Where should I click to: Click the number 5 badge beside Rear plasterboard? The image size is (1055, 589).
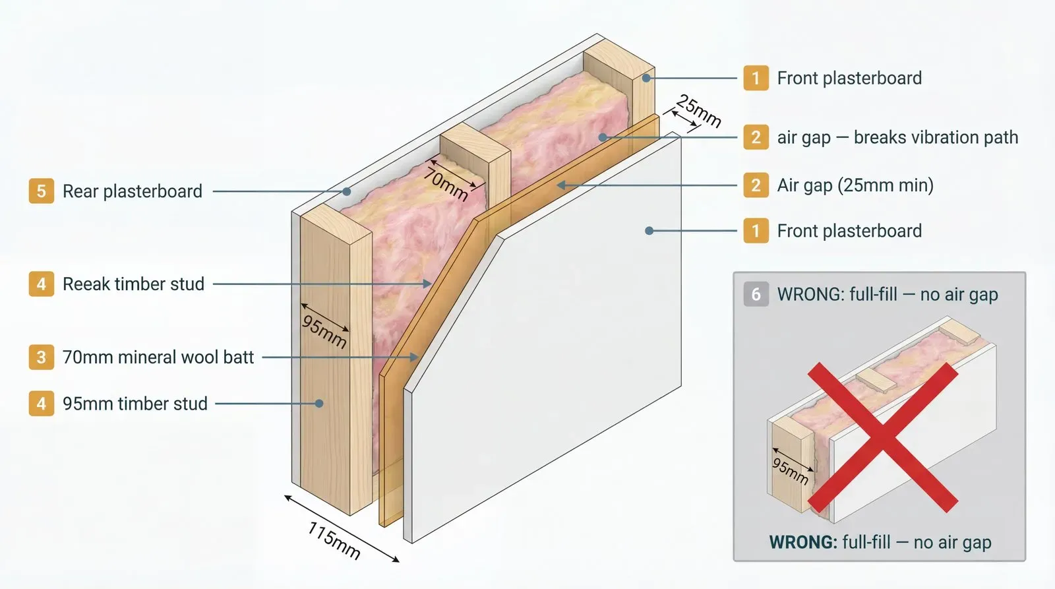point(41,191)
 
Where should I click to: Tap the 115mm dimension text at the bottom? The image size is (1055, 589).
point(334,541)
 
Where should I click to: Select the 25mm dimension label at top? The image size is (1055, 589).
point(699,111)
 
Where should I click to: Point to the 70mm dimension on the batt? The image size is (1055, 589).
point(446,184)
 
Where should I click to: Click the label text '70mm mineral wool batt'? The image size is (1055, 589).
point(158,357)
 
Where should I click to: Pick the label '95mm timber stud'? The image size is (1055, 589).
point(135,404)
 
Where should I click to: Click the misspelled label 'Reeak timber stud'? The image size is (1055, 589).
point(133,284)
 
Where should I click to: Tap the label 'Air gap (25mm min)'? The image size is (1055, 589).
point(855,185)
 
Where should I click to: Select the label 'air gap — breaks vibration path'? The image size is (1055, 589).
point(897,137)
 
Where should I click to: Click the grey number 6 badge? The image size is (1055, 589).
point(756,294)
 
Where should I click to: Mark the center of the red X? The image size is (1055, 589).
point(883,437)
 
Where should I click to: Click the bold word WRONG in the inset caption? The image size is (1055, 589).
point(802,542)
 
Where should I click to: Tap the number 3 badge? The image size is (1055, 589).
point(41,357)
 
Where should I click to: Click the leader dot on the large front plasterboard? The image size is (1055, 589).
point(649,231)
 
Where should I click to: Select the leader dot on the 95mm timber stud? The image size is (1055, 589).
point(319,404)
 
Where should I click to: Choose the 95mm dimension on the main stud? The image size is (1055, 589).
point(324,331)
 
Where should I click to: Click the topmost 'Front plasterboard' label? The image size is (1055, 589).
point(849,78)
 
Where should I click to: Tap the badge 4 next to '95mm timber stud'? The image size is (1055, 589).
point(41,404)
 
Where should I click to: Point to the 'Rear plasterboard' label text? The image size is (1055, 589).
point(132,191)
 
